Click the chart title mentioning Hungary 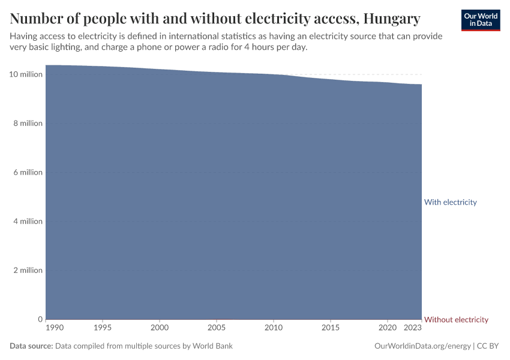pyautogui.click(x=215, y=19)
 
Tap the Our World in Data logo pyautogui.click(x=480, y=20)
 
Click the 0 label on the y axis pyautogui.click(x=40, y=319)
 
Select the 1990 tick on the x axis pyautogui.click(x=54, y=329)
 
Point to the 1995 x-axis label pyautogui.click(x=103, y=329)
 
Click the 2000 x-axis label pyautogui.click(x=160, y=329)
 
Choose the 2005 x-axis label pyautogui.click(x=217, y=329)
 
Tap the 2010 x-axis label pyautogui.click(x=274, y=329)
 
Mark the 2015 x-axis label pyautogui.click(x=331, y=329)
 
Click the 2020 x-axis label pyautogui.click(x=387, y=329)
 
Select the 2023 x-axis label pyautogui.click(x=413, y=329)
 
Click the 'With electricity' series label pyautogui.click(x=450, y=202)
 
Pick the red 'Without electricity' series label pyautogui.click(x=456, y=320)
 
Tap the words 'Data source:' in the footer pyautogui.click(x=31, y=346)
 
